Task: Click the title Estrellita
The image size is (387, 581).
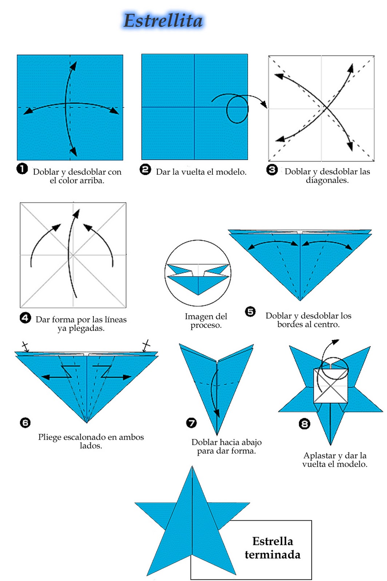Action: tap(163, 20)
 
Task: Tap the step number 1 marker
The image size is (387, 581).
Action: tap(22, 168)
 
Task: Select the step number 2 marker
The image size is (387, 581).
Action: tap(145, 170)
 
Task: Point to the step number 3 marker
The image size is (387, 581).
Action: tap(272, 170)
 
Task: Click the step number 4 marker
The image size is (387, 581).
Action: tap(25, 318)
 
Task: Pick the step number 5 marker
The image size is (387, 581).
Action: tap(250, 312)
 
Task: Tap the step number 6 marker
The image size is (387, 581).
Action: tap(25, 423)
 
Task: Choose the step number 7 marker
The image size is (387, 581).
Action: tap(191, 423)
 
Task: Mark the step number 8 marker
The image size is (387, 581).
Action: tap(304, 424)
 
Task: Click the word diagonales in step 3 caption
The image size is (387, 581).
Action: tap(327, 180)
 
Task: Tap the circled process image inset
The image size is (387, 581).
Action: tap(198, 273)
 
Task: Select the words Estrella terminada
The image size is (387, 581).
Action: tap(273, 548)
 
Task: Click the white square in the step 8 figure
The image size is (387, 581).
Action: tap(331, 386)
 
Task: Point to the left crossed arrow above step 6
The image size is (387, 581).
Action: tap(25, 346)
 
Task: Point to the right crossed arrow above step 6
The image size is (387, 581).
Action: tap(146, 345)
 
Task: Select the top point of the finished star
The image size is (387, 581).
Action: tap(192, 466)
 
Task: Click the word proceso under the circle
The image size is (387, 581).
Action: tap(206, 325)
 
